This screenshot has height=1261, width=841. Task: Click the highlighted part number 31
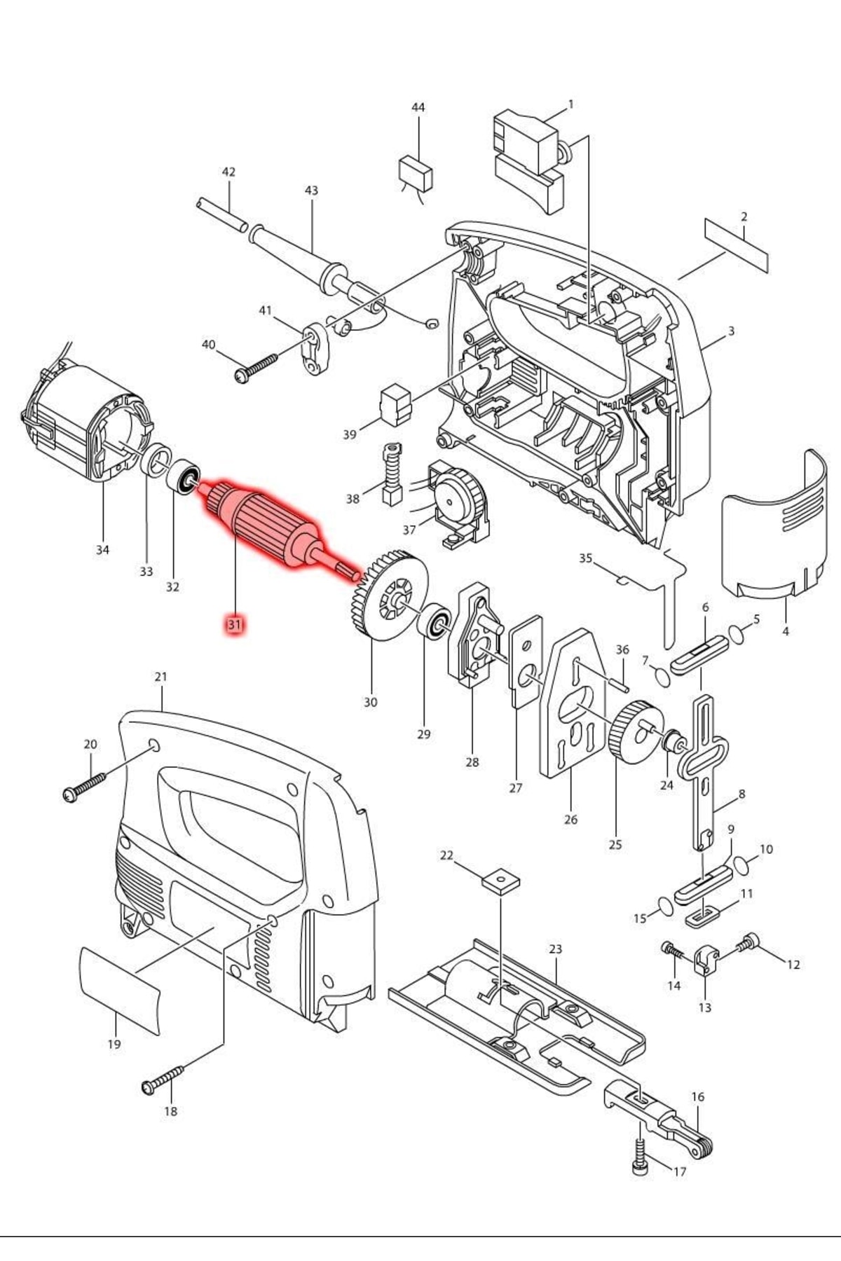click(234, 623)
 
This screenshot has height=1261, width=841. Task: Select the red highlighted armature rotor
click(270, 527)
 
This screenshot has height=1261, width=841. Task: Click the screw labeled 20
click(84, 786)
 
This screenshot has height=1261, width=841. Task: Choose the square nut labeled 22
click(501, 878)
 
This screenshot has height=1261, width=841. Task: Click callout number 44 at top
click(418, 107)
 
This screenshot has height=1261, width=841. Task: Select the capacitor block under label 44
click(416, 172)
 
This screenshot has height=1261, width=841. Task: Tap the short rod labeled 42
click(221, 213)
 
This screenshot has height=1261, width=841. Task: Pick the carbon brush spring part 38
click(390, 475)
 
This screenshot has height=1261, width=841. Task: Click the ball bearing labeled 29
click(434, 620)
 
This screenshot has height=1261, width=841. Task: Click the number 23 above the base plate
click(555, 949)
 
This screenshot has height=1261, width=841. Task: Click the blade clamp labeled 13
click(706, 960)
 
